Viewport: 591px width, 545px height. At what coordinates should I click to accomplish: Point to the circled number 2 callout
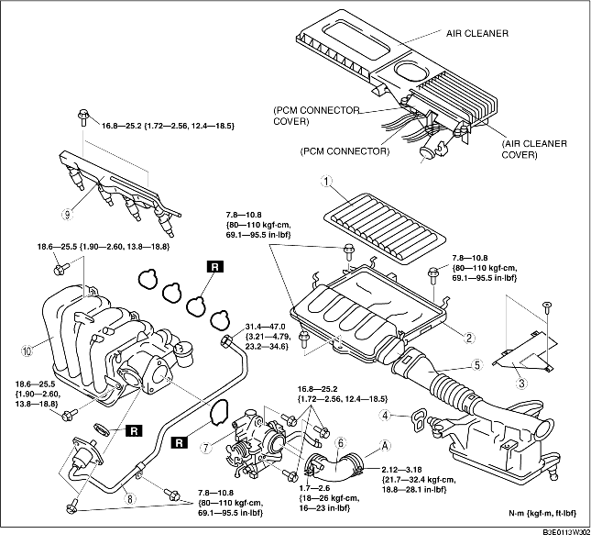pos(468,338)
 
